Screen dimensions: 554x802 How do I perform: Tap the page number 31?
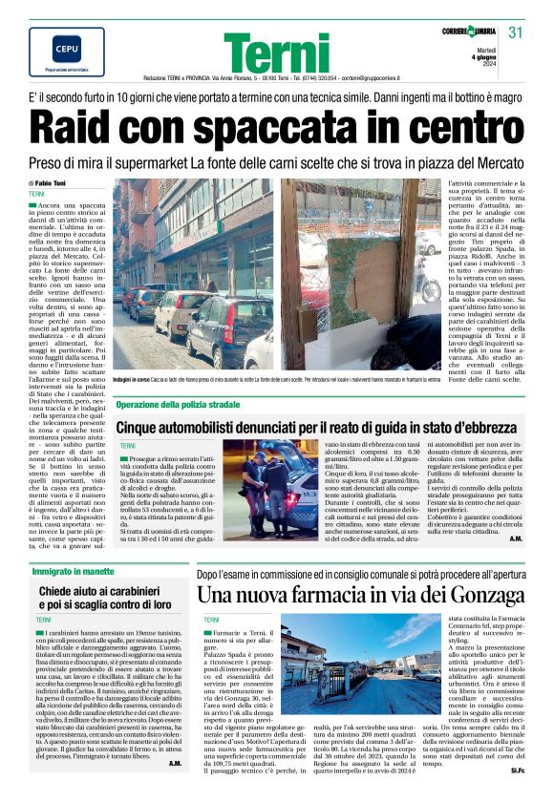tap(516, 33)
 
